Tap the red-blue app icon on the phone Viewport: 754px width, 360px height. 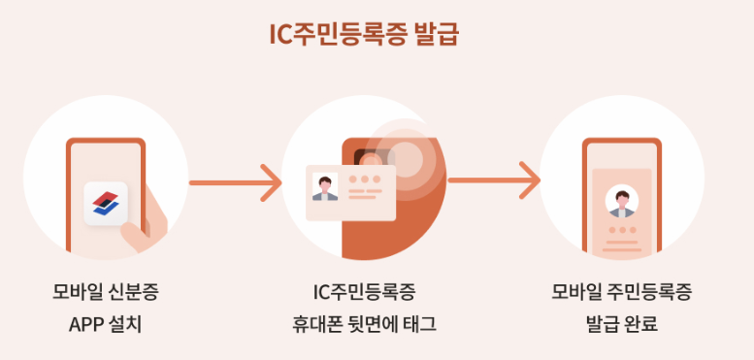pyautogui.click(x=104, y=203)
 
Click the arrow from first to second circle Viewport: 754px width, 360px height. pyautogui.click(x=235, y=180)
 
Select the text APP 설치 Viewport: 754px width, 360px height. pyautogui.click(x=105, y=323)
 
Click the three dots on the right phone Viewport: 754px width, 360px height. pyautogui.click(x=621, y=230)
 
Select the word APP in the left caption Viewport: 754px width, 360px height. pyautogui.click(x=86, y=323)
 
